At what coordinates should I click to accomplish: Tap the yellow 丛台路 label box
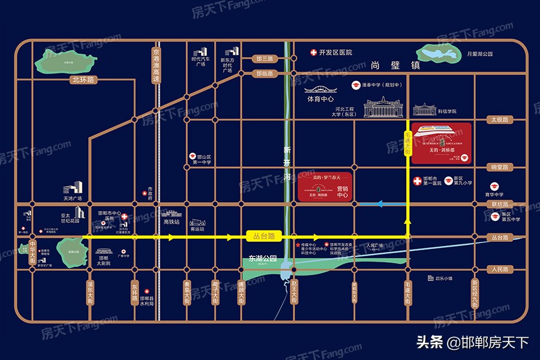263,236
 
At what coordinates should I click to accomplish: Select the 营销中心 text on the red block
343,191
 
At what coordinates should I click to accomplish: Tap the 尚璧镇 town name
388,65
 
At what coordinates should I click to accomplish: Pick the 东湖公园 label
262,259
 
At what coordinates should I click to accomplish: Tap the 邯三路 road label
265,59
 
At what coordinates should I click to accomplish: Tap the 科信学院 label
447,112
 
